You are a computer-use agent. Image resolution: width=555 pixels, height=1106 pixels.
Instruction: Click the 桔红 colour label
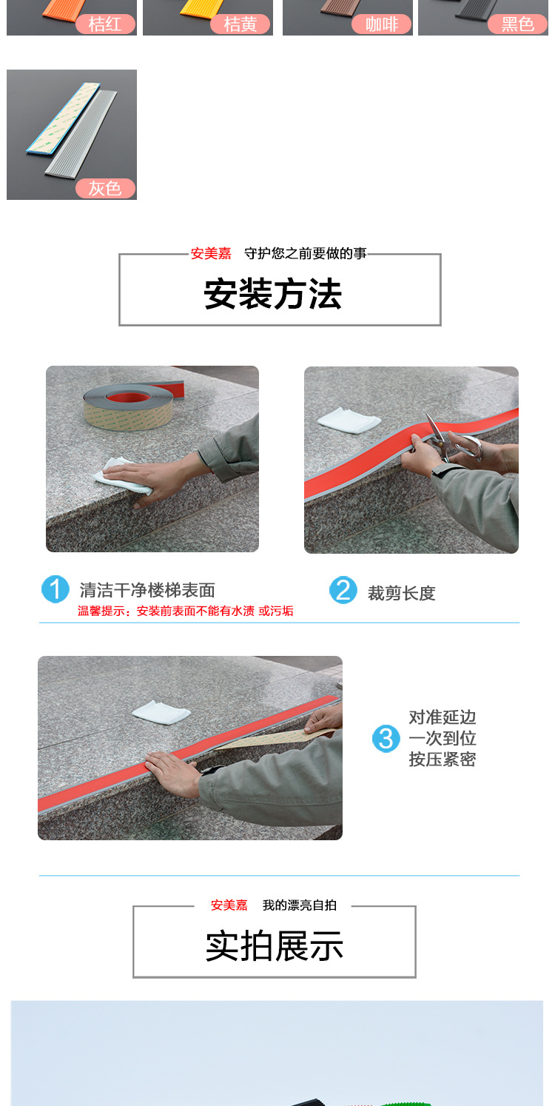(x=105, y=24)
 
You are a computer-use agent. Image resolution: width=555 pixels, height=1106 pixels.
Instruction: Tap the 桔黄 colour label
(x=240, y=24)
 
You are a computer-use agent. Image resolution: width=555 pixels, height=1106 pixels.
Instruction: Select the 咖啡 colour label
(x=382, y=24)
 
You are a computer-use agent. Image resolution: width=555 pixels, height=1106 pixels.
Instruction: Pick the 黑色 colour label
(x=517, y=24)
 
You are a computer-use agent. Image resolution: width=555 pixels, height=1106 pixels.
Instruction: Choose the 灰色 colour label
(x=105, y=189)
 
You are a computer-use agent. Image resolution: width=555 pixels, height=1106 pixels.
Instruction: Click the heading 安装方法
(x=273, y=295)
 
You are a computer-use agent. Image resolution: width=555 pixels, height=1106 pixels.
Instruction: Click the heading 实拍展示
(x=275, y=946)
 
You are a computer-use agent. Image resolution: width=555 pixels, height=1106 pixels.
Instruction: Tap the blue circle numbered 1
(x=55, y=589)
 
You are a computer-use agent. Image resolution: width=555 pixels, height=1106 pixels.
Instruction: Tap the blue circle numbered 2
(x=343, y=590)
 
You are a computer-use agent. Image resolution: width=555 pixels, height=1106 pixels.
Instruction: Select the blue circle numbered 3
(x=386, y=738)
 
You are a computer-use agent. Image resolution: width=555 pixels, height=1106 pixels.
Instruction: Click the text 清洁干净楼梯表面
(x=147, y=590)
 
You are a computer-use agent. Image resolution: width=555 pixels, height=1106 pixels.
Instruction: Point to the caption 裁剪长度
(x=402, y=593)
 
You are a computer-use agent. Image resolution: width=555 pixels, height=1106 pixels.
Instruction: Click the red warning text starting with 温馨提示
(x=186, y=611)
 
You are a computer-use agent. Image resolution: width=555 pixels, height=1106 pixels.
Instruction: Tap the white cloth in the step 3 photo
(x=161, y=712)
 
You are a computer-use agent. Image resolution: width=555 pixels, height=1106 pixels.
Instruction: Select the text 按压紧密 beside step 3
(x=443, y=759)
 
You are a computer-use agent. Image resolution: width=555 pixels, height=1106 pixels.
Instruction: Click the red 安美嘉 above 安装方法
(x=211, y=254)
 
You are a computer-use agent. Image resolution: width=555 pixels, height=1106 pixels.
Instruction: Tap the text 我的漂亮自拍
(x=300, y=905)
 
